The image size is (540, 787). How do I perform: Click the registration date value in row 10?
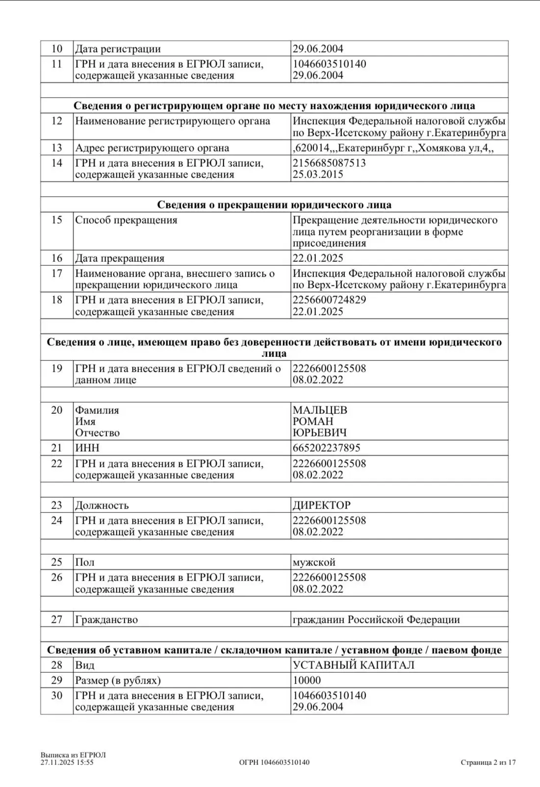coord(318,49)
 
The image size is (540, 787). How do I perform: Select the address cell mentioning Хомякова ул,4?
coord(393,148)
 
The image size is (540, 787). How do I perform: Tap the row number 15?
coord(57,220)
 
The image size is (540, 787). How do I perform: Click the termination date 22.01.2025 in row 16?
coord(318,258)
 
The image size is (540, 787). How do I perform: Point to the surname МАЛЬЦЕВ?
coord(320,410)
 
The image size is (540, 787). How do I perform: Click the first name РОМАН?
coord(313,422)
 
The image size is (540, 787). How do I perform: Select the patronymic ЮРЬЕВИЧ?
coord(320,433)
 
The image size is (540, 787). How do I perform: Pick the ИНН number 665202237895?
coord(327,448)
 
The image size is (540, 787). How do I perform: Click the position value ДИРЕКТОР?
coord(322,506)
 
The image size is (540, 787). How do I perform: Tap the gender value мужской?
coord(314,562)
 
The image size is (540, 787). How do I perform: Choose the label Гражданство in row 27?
coord(106,620)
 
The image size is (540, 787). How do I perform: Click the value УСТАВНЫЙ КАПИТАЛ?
coord(354,665)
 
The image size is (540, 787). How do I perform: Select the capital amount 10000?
coord(307,681)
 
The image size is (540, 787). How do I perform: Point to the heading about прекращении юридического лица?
coord(274,205)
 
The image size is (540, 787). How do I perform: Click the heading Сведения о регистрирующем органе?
coord(274,106)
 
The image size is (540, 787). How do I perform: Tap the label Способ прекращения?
coord(126,220)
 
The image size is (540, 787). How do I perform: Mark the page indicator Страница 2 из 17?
coord(488,762)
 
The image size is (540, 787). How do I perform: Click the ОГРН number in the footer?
coord(274,762)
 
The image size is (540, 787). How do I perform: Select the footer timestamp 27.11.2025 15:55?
coord(67,762)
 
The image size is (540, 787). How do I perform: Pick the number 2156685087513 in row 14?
coord(329,163)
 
